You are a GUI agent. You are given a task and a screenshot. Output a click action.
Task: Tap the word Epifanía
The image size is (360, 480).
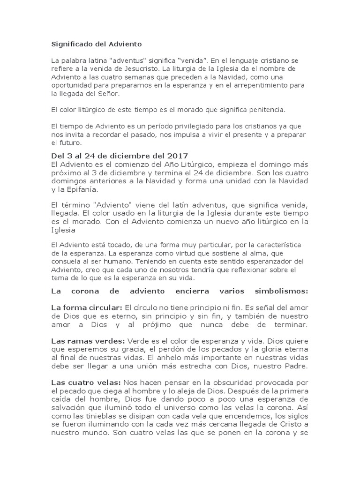(82, 190)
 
